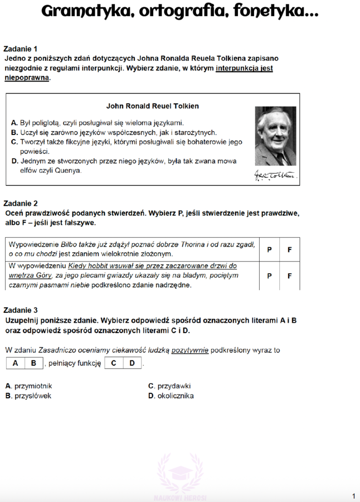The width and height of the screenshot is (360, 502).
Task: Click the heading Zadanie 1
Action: [20, 49]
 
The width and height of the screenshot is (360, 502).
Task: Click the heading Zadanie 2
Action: [20, 204]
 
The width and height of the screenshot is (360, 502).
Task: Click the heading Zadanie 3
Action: [20, 310]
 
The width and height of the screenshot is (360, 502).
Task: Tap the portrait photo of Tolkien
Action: [276, 136]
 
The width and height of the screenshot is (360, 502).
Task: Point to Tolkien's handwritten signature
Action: [276, 176]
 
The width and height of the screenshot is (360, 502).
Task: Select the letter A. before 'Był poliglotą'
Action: [14, 123]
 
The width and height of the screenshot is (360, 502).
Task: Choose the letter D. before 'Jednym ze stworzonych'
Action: [14, 161]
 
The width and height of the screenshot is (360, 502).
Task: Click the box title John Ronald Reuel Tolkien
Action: [152, 105]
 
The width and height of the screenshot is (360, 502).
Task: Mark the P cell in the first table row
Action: [270, 249]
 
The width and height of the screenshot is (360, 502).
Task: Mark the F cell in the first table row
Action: [290, 249]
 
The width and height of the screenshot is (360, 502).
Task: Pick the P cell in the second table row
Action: [270, 276]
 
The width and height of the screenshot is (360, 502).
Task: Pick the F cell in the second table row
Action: [290, 276]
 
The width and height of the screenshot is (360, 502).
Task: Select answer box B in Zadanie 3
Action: [34, 363]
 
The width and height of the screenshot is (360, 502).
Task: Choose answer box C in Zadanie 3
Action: [114, 363]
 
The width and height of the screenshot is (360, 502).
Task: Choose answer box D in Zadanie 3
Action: [133, 363]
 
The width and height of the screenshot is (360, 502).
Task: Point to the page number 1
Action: [353, 496]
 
